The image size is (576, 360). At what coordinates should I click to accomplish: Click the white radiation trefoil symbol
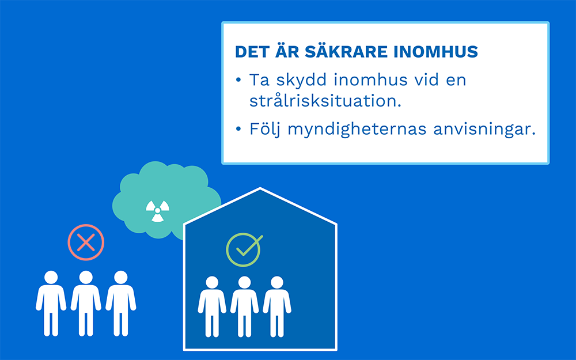point(158,211)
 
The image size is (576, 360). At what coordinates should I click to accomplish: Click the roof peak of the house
point(260,188)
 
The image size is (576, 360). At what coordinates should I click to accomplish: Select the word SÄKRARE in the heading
point(346,52)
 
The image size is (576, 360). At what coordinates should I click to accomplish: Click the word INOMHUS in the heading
point(435,52)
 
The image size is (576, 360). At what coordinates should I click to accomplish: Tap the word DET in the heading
point(252,52)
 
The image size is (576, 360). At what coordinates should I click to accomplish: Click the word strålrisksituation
point(325,101)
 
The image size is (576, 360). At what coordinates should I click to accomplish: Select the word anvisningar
point(484,130)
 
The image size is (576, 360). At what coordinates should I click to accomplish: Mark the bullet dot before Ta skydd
point(238,79)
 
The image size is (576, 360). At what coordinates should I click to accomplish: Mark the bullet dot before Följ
point(238,129)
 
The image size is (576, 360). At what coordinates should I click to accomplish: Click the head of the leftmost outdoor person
point(51,278)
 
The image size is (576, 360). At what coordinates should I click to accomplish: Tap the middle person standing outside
point(86,304)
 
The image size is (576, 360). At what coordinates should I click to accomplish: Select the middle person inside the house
point(244,307)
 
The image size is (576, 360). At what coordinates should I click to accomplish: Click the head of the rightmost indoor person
point(277,282)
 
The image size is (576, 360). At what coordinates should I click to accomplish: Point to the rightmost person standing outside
point(121,304)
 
